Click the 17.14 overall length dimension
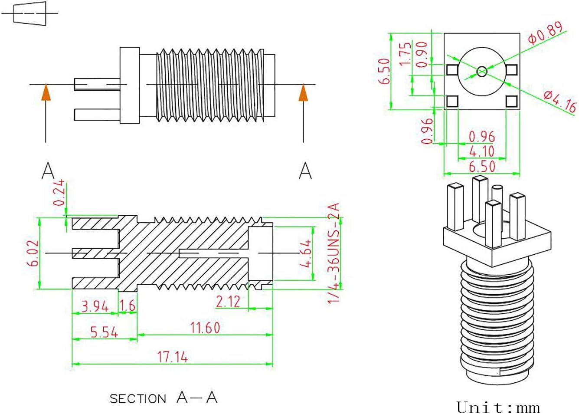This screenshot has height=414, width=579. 172,357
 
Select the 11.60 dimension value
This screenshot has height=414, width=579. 205,328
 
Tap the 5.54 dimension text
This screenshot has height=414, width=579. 104,332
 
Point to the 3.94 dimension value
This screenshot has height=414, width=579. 95,306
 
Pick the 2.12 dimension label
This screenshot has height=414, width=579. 228,302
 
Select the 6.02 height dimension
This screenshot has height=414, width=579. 35,253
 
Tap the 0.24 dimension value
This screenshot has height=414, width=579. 59,192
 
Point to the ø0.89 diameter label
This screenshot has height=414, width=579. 545,33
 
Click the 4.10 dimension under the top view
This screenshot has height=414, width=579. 481,151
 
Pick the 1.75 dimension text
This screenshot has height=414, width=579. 405,54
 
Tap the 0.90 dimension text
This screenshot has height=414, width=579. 422,55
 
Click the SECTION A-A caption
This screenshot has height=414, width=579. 164,398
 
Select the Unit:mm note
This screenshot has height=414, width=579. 498,407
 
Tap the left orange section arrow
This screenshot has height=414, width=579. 46,93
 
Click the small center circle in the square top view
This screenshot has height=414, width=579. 482,71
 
